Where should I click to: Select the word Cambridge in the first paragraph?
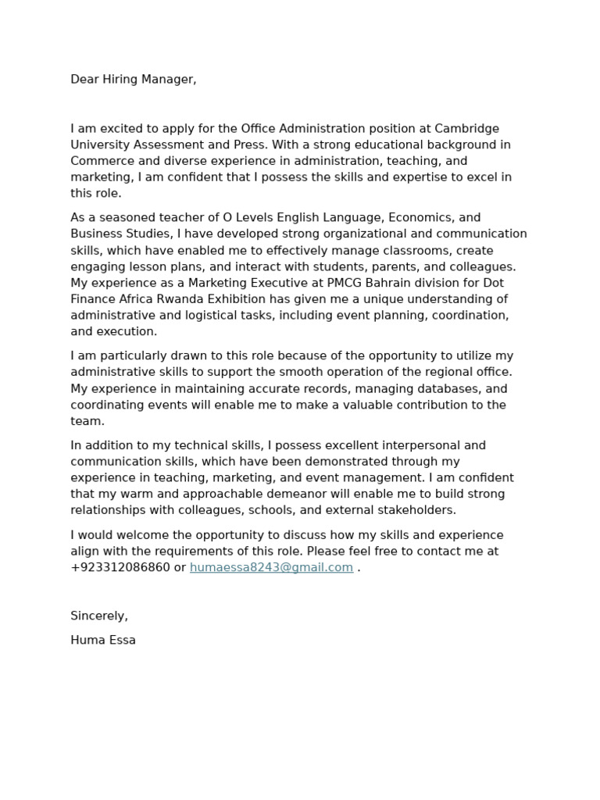(466, 129)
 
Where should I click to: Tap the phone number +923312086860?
(120, 567)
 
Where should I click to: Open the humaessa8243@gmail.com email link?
(271, 567)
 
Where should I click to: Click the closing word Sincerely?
(99, 616)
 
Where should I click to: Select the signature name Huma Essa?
(103, 640)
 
